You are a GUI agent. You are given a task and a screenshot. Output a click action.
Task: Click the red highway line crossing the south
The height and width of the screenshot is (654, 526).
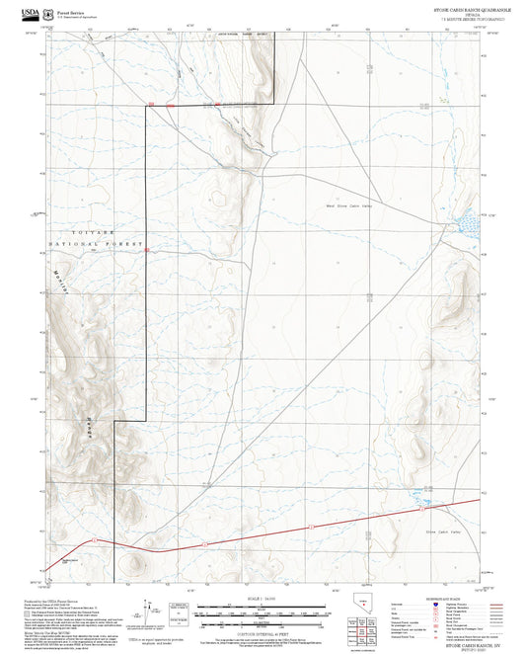[296, 531]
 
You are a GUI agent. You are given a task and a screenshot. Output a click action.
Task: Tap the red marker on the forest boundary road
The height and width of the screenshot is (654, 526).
[146, 251]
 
